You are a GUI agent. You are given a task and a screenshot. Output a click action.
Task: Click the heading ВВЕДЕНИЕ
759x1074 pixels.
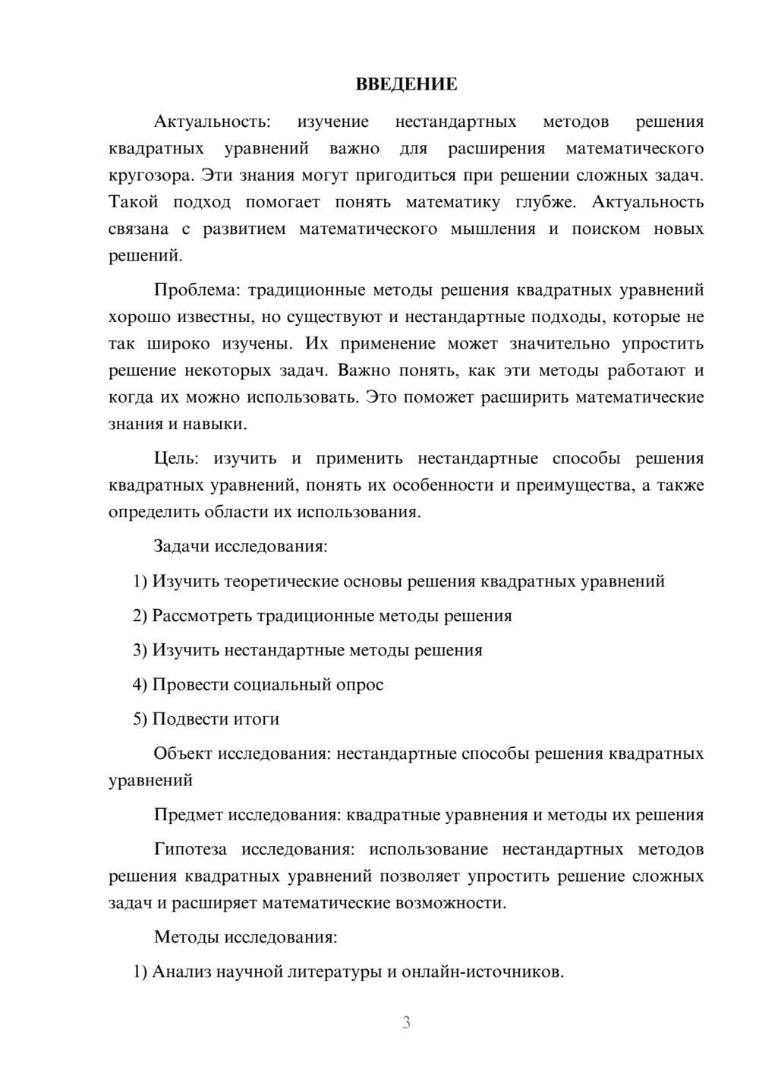[406, 84]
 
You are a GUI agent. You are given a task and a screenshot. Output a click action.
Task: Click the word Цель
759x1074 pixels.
[176, 459]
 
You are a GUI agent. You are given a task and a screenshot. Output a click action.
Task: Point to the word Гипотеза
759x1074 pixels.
[191, 849]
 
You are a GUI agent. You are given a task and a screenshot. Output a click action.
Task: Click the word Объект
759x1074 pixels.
[183, 753]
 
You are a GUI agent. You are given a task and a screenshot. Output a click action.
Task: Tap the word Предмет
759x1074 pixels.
[188, 815]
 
